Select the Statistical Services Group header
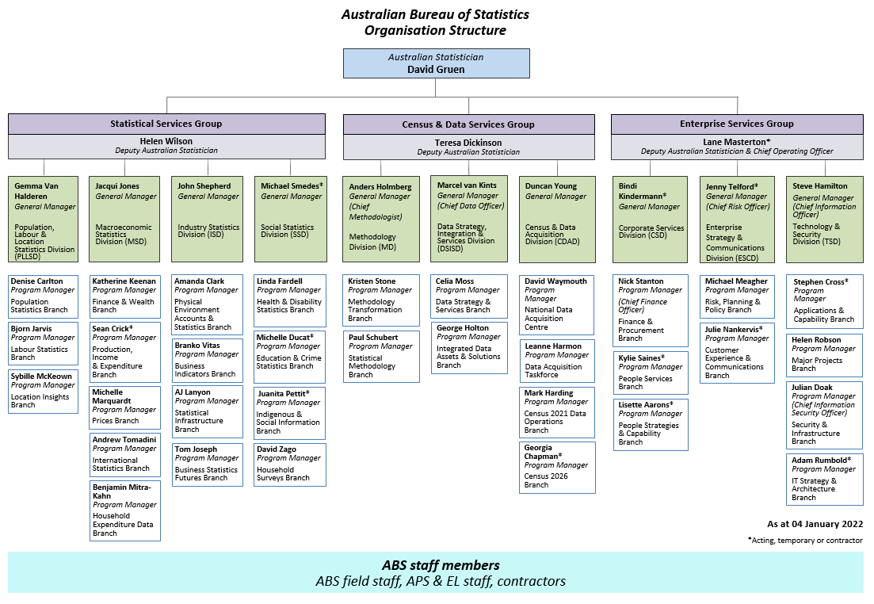[166, 124]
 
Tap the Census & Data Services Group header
[468, 124]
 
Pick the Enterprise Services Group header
[737, 124]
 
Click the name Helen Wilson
[166, 142]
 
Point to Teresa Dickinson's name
[468, 143]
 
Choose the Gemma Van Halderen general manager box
[44, 219]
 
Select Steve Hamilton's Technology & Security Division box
[824, 219]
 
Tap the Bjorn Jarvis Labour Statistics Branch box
[44, 343]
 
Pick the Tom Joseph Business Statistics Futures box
[208, 464]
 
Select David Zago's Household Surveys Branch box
[289, 464]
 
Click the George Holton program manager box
[468, 347]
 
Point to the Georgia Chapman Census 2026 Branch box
[556, 468]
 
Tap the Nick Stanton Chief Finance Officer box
[651, 309]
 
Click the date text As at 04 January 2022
[815, 524]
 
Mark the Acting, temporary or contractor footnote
[804, 541]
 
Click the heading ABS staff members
[441, 565]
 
